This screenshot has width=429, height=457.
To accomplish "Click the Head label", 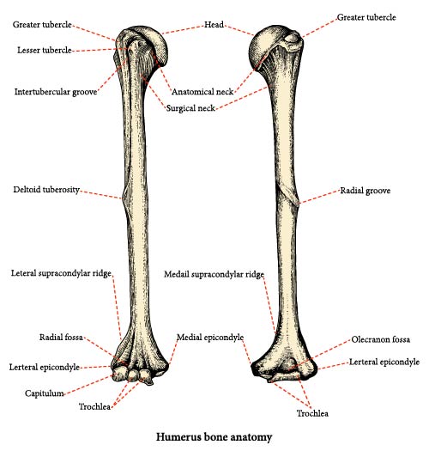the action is (x=214, y=24).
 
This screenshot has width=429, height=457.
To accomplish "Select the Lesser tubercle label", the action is (x=45, y=50).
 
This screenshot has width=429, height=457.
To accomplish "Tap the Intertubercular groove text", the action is (x=56, y=92).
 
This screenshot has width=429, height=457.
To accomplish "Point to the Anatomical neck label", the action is (x=202, y=92).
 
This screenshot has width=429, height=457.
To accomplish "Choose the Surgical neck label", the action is (x=190, y=108).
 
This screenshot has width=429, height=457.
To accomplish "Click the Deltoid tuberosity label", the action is (x=46, y=190).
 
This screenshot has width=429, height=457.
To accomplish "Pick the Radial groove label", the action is (x=366, y=191).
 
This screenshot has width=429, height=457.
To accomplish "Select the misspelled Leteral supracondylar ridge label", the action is (x=61, y=273).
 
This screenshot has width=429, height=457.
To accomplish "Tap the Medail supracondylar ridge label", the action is (x=214, y=274).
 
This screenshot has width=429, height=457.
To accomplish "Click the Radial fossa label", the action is (x=61, y=338).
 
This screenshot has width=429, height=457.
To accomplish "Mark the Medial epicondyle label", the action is (x=210, y=338).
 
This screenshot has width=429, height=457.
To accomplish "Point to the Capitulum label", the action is (x=45, y=393).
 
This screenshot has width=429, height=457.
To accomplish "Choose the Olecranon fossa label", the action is (x=381, y=339).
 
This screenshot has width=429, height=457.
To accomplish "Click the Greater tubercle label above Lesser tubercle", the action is (x=42, y=24).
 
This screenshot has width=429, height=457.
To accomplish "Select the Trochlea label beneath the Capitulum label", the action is (x=94, y=406).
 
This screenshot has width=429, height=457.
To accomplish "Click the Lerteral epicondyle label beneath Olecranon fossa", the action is (x=384, y=363).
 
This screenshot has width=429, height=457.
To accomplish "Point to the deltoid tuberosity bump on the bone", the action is (x=124, y=198).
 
